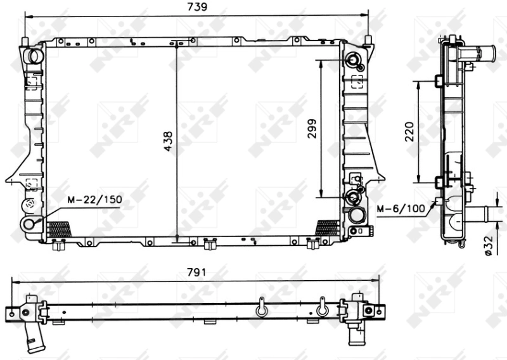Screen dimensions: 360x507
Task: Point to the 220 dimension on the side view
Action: (409, 131)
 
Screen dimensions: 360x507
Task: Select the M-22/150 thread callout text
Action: (95, 199)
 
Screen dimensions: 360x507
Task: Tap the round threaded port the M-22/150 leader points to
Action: (29, 224)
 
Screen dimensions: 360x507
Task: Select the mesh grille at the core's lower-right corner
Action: (327, 228)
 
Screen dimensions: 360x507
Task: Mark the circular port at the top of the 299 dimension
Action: (352, 61)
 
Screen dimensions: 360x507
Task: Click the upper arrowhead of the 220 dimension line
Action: (419, 84)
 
